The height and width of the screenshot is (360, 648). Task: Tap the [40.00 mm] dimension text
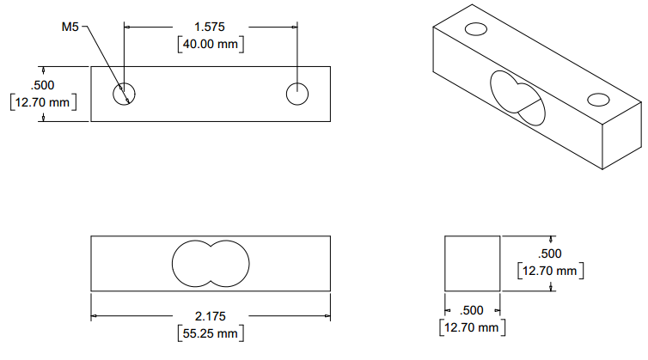(211, 45)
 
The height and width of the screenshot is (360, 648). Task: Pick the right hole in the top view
(298, 93)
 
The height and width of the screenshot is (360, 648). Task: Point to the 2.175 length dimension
(211, 315)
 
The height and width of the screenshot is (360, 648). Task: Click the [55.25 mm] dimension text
(211, 333)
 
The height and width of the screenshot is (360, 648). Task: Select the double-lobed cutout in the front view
(211, 261)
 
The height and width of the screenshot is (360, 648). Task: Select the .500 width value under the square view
(472, 310)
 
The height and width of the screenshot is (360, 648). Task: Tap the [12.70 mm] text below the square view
(470, 327)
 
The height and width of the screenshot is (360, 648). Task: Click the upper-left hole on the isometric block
(475, 30)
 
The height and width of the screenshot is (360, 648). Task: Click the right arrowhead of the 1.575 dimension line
(294, 27)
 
